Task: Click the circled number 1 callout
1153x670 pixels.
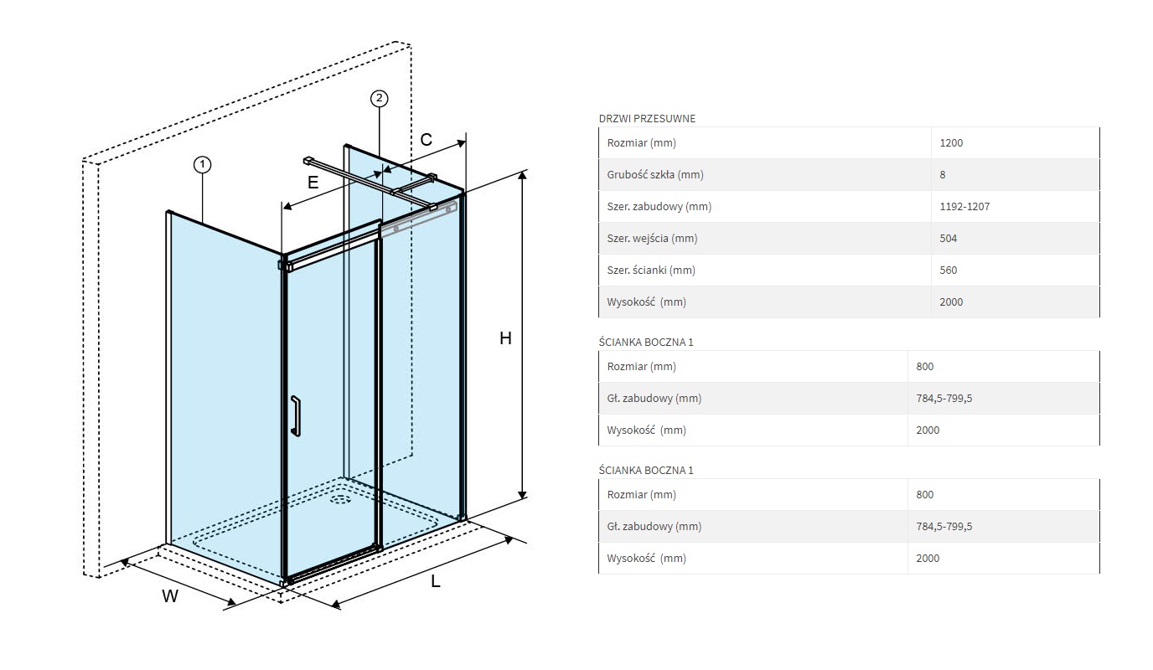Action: point(202,165)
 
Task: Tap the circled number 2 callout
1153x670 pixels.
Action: point(379,99)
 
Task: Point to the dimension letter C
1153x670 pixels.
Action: point(426,140)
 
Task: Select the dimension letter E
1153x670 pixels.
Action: point(313,182)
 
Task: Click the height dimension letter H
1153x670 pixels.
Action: point(505,338)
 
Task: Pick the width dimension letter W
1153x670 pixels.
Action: point(170,596)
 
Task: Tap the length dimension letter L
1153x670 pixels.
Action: point(436,582)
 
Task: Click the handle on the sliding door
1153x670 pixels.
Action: point(295,415)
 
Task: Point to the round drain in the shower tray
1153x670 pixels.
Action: point(340,500)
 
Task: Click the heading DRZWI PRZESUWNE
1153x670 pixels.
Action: point(647,118)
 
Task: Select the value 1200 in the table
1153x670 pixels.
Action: point(951,143)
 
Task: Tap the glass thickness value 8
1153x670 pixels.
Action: point(943,175)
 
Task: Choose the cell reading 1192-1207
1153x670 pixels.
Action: point(964,207)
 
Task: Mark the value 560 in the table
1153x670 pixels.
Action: point(949,271)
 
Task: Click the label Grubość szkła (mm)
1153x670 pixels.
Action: point(654,175)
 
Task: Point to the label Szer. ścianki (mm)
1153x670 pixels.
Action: point(651,271)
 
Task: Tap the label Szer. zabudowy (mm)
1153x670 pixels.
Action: point(659,207)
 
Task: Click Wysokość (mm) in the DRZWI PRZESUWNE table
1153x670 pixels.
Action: point(646,302)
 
